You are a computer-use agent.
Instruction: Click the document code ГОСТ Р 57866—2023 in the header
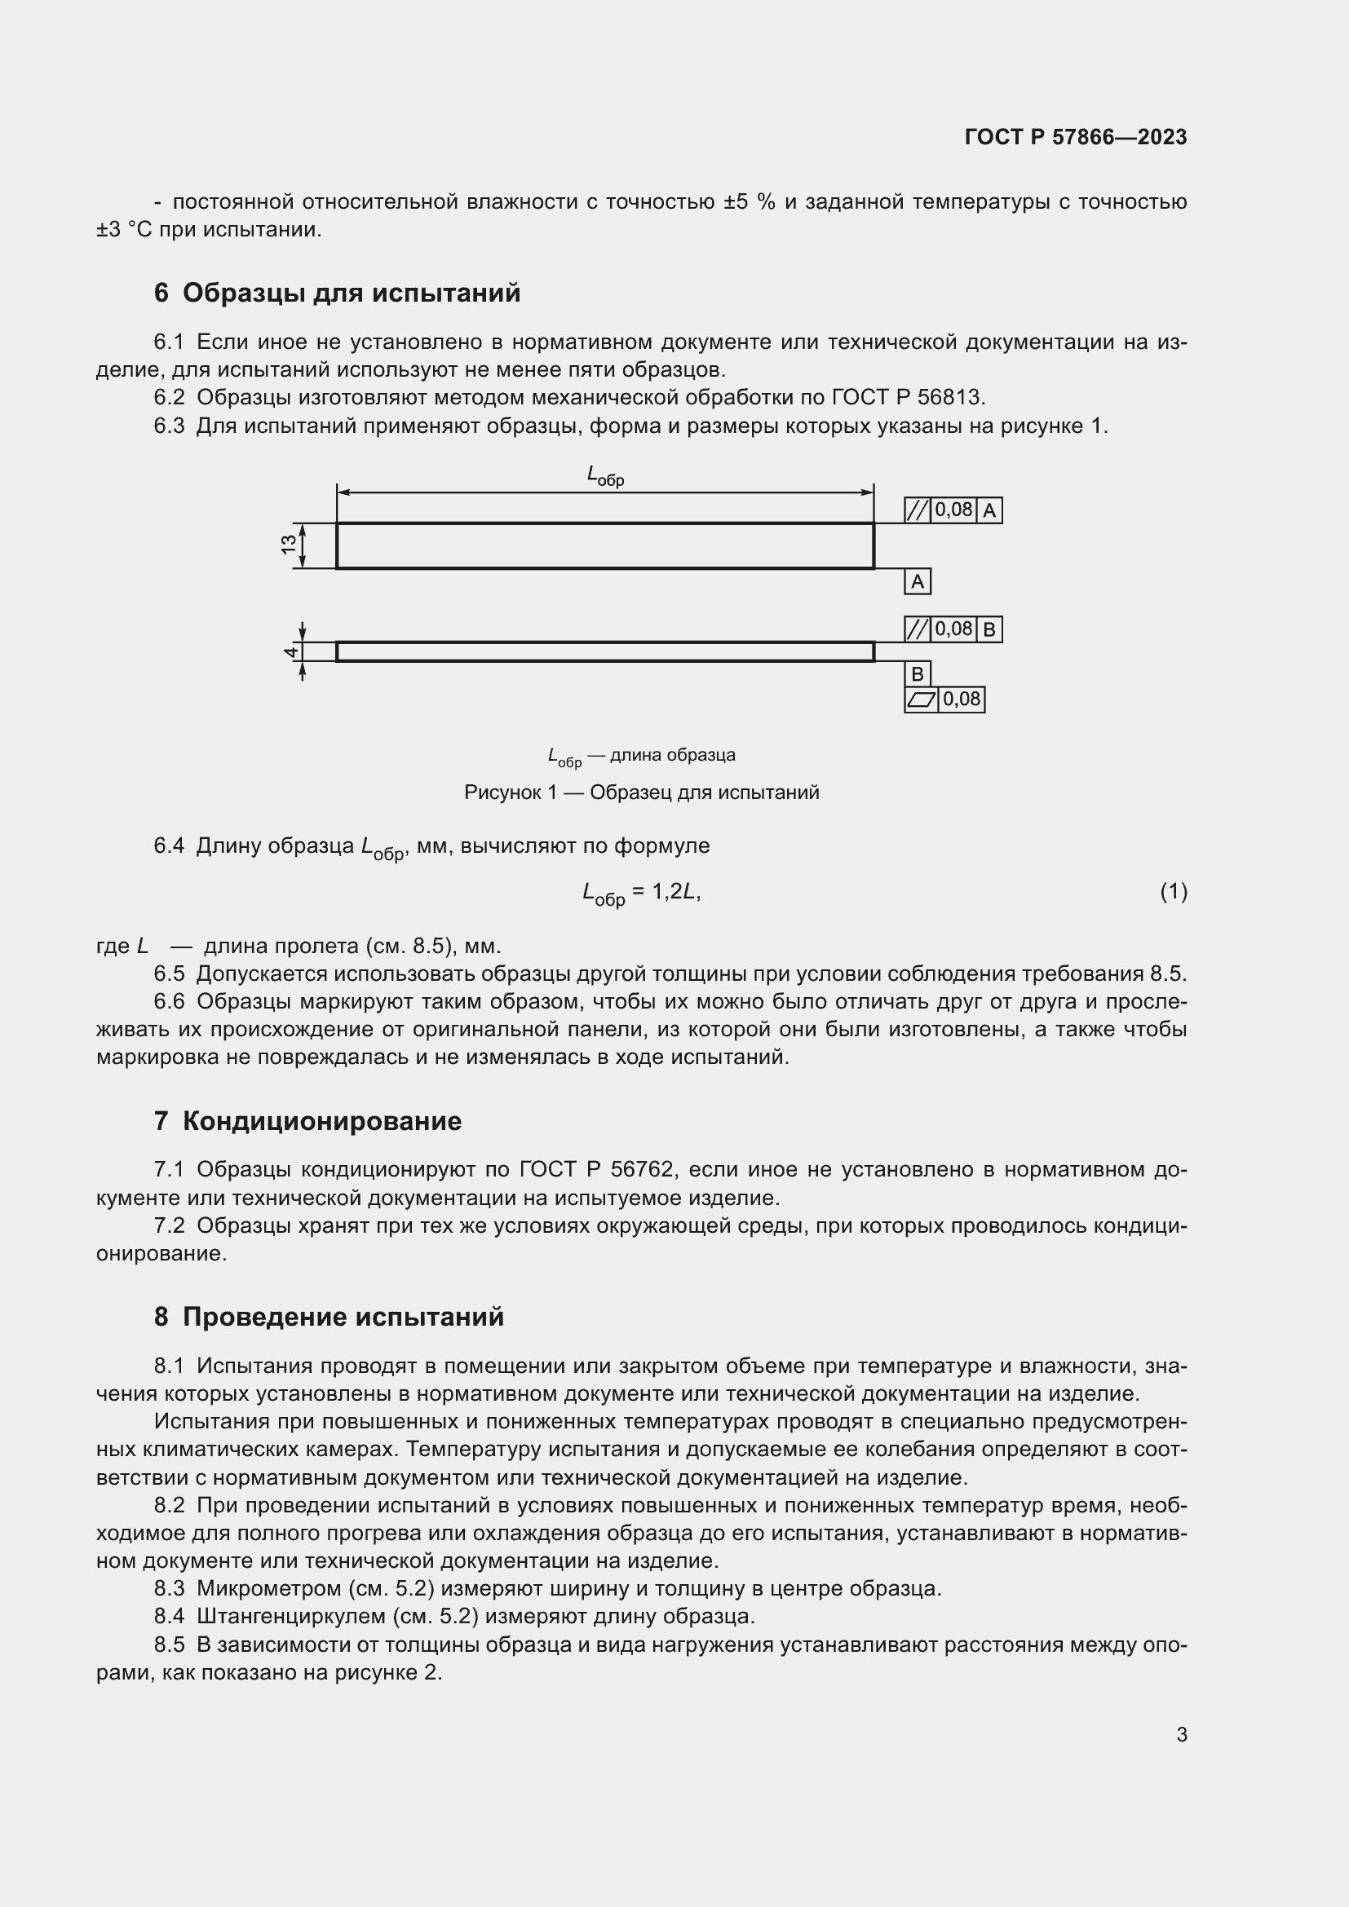(1075, 137)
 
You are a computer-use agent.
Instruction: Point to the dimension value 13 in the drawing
(288, 545)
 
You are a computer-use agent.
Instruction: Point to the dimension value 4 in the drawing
(290, 652)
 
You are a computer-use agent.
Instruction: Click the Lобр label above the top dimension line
(604, 476)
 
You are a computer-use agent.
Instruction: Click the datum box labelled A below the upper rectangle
(917, 581)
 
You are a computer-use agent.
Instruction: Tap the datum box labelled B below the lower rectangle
(917, 673)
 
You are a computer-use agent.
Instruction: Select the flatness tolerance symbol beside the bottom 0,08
(921, 700)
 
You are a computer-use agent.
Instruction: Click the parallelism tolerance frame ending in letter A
(953, 510)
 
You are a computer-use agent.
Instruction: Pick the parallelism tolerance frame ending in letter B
(953, 629)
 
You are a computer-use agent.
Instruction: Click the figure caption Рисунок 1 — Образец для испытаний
(641, 792)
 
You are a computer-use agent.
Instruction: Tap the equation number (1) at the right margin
(1173, 892)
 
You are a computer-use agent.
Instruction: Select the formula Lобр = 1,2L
(641, 894)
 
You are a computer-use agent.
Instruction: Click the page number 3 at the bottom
(1181, 1734)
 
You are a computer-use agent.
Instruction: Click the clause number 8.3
(169, 1588)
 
